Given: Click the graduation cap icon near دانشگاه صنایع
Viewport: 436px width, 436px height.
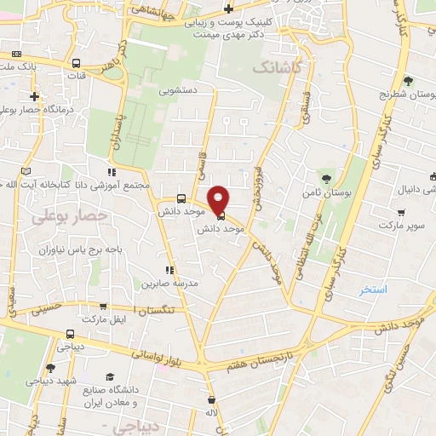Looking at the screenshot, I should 109,376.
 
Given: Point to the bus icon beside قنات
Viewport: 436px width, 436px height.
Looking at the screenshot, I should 77,63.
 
